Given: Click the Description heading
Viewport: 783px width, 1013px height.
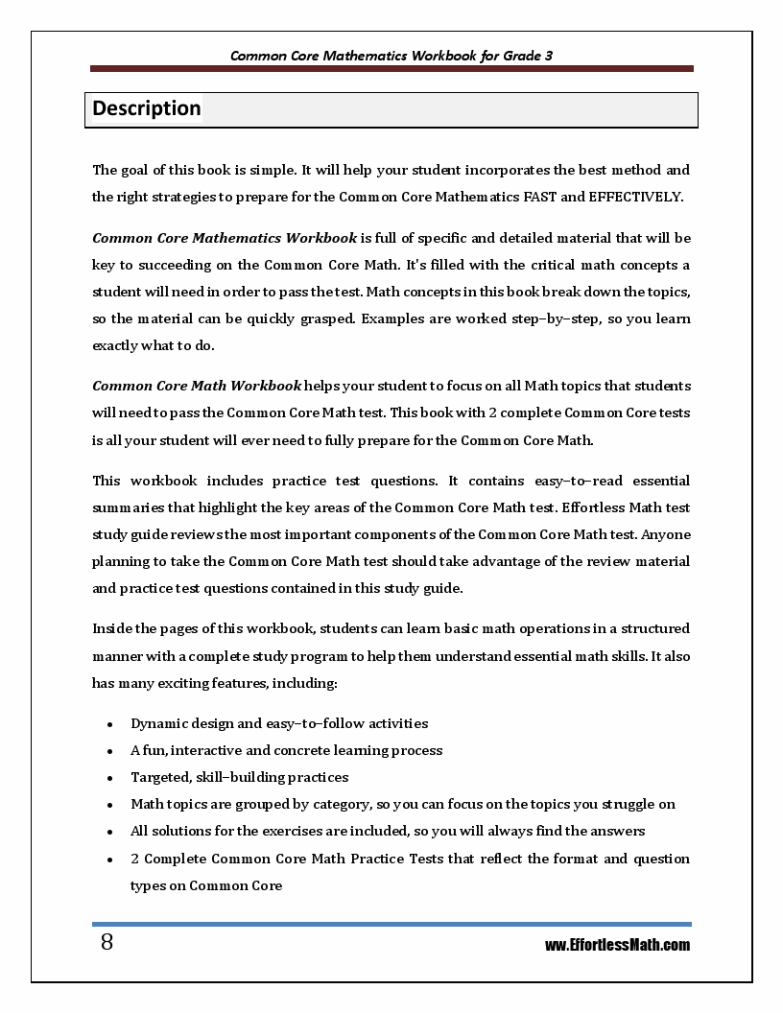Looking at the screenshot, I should [x=147, y=108].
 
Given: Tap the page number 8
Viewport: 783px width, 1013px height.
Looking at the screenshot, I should [x=107, y=943].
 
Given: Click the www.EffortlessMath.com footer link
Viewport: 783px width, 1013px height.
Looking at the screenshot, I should [x=617, y=945].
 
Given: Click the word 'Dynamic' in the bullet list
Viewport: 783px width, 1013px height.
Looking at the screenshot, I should [x=160, y=723].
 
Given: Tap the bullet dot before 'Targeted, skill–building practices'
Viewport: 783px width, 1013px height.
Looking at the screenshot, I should [x=111, y=778].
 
